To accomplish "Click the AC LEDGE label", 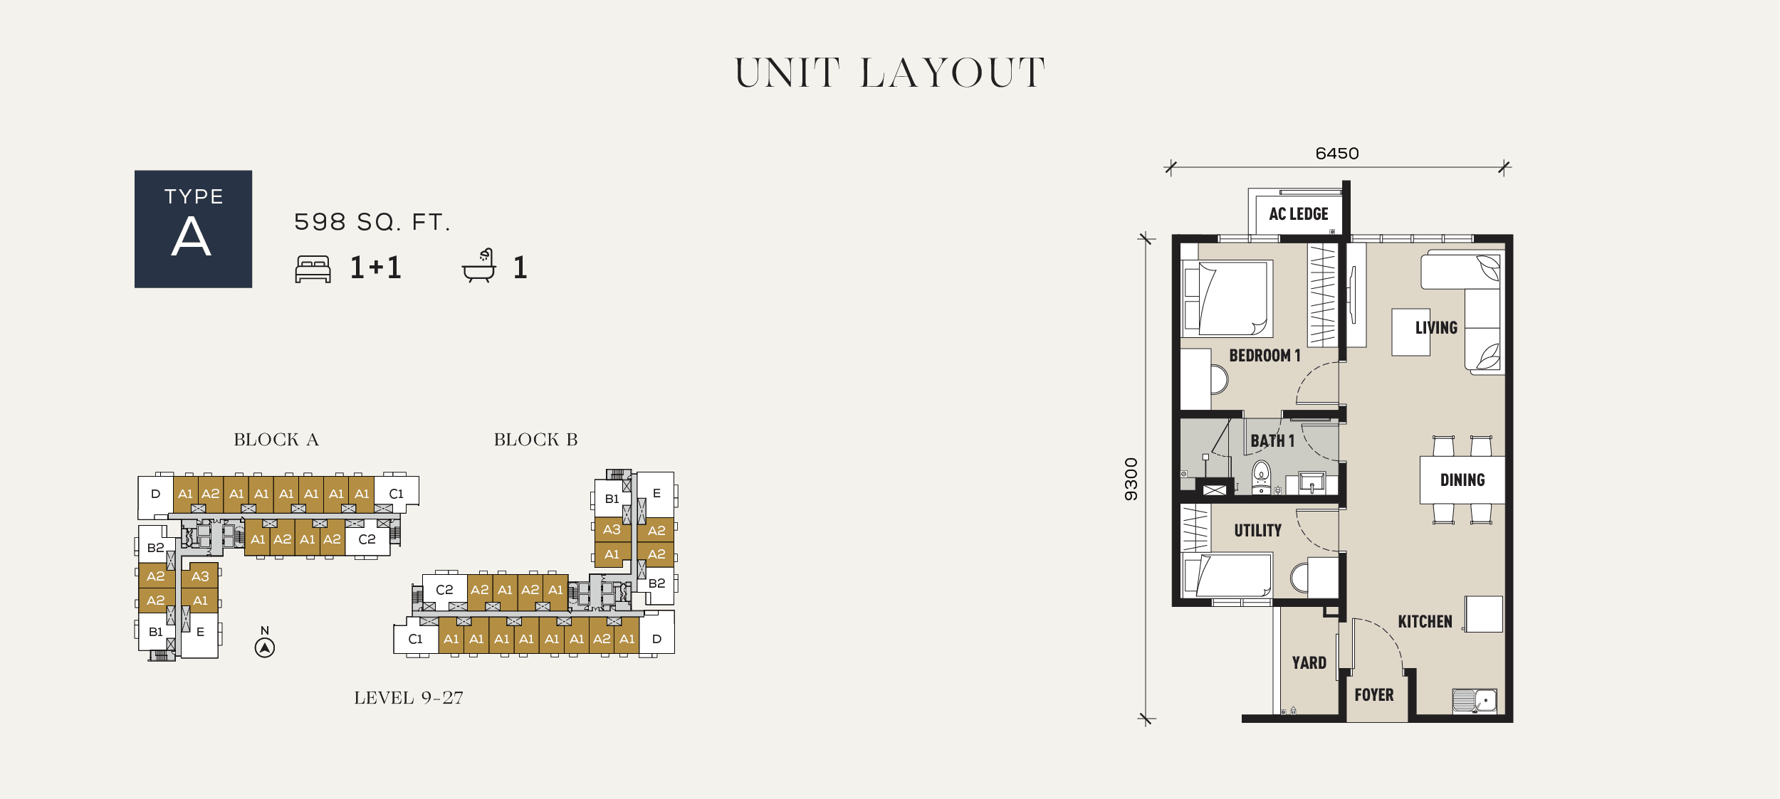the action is (x=1298, y=214).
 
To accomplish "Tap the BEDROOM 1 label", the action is (x=1265, y=356).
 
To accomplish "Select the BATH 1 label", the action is (x=1272, y=441).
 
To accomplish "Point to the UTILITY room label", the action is (x=1257, y=531).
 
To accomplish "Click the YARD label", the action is (x=1309, y=663).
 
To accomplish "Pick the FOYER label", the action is (x=1373, y=695).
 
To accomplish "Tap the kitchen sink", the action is (x=1474, y=701).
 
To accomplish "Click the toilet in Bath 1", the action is (x=1261, y=477).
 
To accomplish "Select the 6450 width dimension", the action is (x=1336, y=154).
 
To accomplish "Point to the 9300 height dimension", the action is (x=1131, y=479).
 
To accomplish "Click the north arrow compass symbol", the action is (x=265, y=647).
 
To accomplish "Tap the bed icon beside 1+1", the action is (x=313, y=269).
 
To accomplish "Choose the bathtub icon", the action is (x=478, y=265).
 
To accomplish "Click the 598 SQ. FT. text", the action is (x=372, y=222).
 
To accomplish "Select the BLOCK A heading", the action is (x=276, y=440).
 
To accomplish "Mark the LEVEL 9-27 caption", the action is (x=409, y=698).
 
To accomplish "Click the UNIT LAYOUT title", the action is (x=889, y=73).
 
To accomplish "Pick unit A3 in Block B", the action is (x=612, y=529).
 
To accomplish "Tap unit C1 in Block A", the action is (x=396, y=494).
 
